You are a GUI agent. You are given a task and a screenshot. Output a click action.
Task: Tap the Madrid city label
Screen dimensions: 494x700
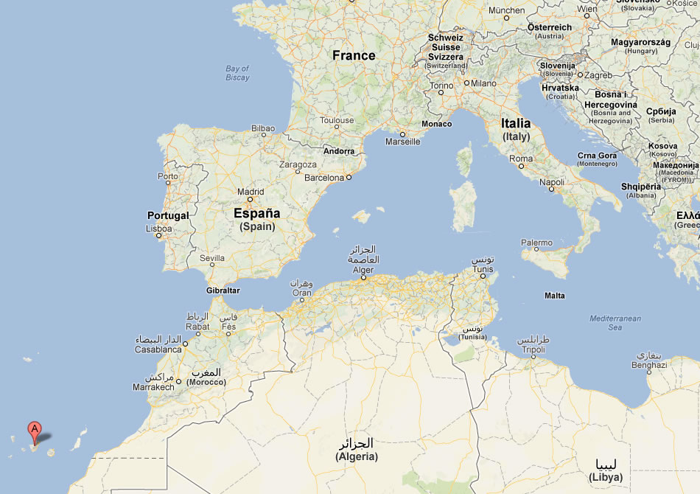[x=251, y=192]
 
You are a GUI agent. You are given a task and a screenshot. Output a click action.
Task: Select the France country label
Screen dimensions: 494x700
[x=354, y=55]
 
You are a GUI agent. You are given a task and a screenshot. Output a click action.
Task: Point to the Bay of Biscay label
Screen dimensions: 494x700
[x=237, y=73]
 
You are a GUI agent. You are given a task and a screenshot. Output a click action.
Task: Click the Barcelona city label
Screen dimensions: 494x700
[x=324, y=178]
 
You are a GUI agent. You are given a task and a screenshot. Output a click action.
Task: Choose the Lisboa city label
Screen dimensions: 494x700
[x=159, y=229]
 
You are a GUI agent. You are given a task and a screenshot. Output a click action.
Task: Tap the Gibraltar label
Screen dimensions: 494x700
[x=222, y=291]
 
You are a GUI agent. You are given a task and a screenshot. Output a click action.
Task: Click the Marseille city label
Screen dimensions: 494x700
[x=403, y=142]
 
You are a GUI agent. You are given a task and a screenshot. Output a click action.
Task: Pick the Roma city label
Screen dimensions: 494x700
[x=521, y=159]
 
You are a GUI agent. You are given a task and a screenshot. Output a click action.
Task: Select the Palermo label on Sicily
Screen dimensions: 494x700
[x=536, y=243]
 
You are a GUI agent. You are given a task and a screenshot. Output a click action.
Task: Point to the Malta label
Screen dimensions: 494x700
[x=555, y=296]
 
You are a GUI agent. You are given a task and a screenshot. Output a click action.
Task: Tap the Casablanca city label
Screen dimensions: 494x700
[x=158, y=349]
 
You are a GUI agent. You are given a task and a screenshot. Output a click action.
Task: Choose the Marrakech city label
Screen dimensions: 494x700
[x=153, y=386]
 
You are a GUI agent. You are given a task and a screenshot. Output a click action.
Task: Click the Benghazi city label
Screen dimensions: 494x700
[x=649, y=365]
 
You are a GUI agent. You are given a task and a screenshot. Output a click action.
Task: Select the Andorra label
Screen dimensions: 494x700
[x=340, y=151]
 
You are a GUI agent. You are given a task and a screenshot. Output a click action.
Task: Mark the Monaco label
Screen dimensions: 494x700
[x=437, y=124]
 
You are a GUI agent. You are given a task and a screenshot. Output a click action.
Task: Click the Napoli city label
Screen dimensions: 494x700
[x=552, y=182]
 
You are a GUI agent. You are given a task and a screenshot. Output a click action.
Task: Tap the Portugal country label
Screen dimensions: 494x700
[x=168, y=216]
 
